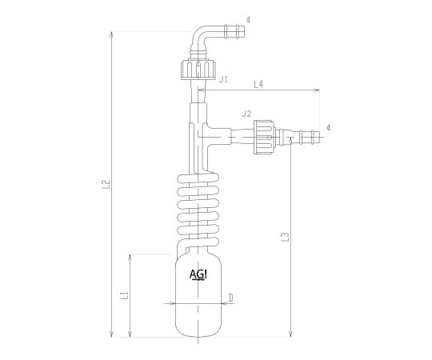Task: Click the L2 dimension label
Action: coord(107,184)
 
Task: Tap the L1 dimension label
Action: coord(125,295)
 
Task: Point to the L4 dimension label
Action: coord(258,84)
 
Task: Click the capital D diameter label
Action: coord(231,298)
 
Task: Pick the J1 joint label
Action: coord(223,80)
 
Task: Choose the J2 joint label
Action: coord(246,114)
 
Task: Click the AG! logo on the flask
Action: coord(198,275)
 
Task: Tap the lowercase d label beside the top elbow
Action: coord(248,19)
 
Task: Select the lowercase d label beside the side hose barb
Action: coord(328,127)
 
